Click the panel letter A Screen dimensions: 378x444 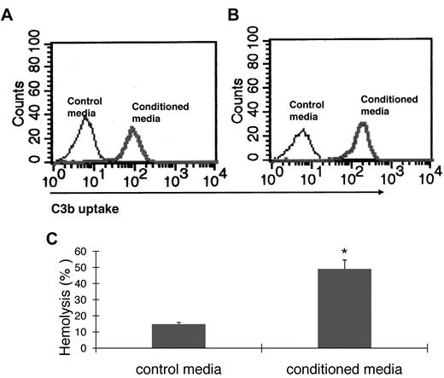click(8, 15)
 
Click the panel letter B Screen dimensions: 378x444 click(230, 15)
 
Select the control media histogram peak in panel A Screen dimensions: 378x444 click(84, 119)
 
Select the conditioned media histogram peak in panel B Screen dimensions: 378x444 click(362, 125)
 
